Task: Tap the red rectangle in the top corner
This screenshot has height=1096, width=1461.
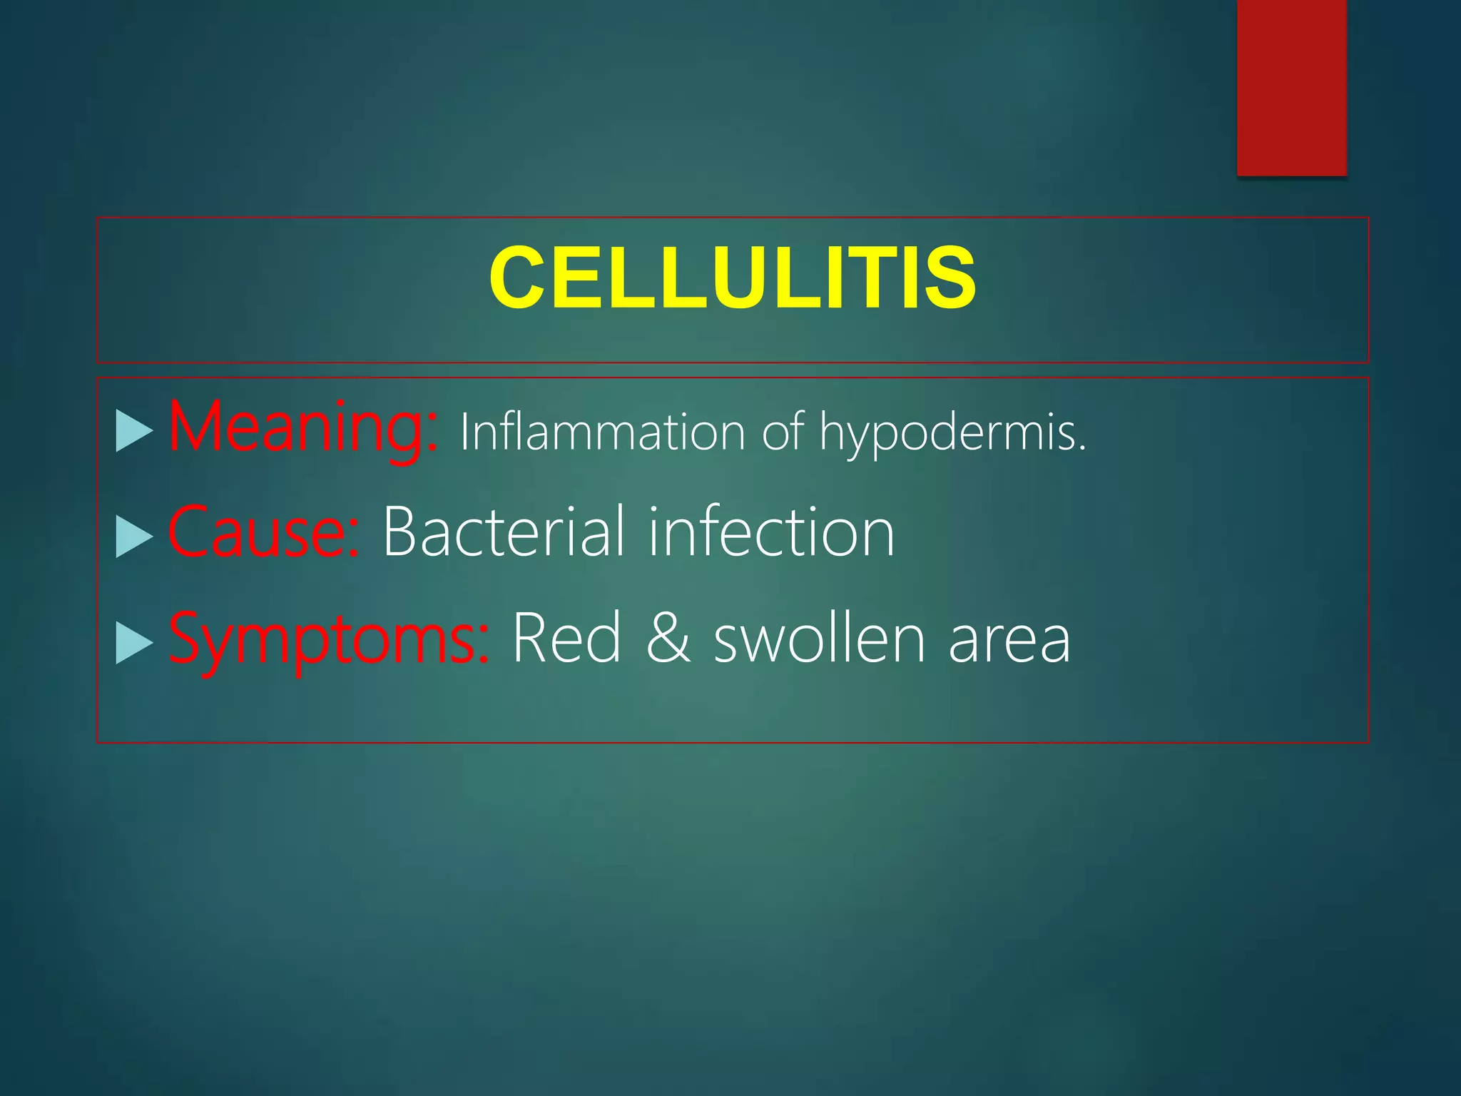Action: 1291,87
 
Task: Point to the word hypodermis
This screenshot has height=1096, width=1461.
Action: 947,434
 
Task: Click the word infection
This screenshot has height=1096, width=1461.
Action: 771,532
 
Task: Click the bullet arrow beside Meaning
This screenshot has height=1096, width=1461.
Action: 134,431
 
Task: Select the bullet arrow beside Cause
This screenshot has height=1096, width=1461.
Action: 134,536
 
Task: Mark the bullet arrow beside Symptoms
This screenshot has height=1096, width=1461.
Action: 134,642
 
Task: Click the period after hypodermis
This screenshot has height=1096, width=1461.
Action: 1082,449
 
